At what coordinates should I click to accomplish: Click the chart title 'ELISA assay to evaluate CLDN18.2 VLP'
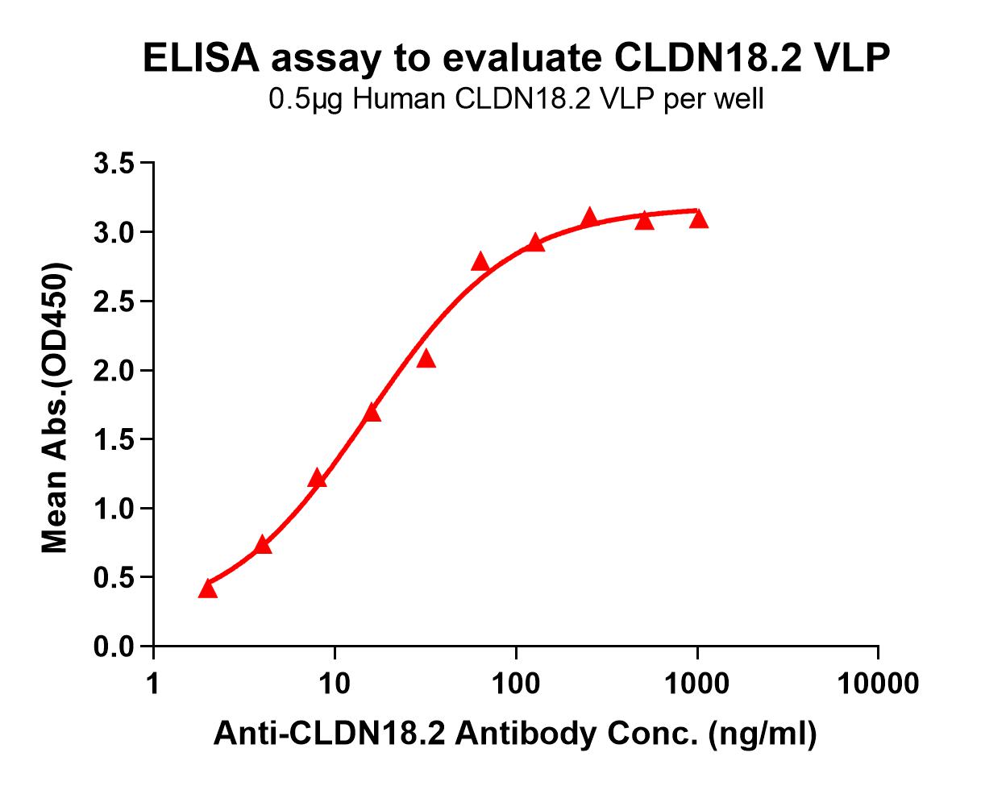click(x=517, y=59)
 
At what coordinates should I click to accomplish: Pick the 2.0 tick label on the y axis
click(x=116, y=371)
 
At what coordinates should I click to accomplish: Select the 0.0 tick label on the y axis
click(x=116, y=647)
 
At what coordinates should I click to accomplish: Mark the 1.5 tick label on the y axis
click(x=116, y=440)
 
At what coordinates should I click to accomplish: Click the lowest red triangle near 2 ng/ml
click(x=208, y=588)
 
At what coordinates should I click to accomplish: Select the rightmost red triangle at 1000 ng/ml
click(x=698, y=219)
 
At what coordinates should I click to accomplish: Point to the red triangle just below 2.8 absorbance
click(x=480, y=262)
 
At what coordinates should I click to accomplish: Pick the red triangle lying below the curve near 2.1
click(x=426, y=359)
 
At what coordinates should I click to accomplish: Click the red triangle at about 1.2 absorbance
click(x=317, y=480)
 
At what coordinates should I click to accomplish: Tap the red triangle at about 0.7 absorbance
click(x=262, y=546)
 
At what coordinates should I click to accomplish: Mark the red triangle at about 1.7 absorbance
click(x=372, y=414)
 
